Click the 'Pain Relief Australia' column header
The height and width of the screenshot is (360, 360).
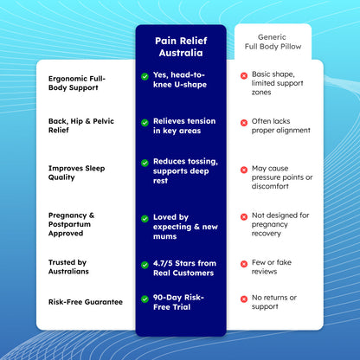tap(181, 47)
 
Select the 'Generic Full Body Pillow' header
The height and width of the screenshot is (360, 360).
tap(273, 42)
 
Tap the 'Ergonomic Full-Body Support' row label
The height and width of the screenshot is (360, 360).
tap(77, 83)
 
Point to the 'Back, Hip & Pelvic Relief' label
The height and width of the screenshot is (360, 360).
tap(81, 125)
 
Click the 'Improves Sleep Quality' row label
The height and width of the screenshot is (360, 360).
tap(76, 173)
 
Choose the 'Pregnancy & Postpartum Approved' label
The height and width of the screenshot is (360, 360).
tap(71, 224)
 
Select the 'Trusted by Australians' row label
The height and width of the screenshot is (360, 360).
tap(68, 267)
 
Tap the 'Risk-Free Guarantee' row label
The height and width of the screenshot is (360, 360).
tap(86, 302)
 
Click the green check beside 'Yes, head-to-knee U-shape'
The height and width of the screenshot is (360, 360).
tap(145, 76)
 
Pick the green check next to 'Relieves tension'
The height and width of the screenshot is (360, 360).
tap(145, 123)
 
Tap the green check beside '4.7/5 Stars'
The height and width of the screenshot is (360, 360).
tap(145, 265)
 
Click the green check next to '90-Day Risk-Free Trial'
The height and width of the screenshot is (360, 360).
tap(145, 299)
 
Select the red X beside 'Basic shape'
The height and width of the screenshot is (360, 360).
tap(244, 76)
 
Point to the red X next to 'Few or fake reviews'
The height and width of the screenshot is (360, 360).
tap(244, 264)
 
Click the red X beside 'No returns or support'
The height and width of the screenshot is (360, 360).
tap(244, 299)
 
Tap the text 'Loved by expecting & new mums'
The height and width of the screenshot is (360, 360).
tap(185, 227)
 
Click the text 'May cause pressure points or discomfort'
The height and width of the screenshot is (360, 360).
tap(282, 177)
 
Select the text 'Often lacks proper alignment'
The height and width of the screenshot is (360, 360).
tap(281, 125)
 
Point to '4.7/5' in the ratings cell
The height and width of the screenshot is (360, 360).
tap(163, 263)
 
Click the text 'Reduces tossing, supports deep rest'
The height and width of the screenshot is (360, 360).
tap(185, 171)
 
